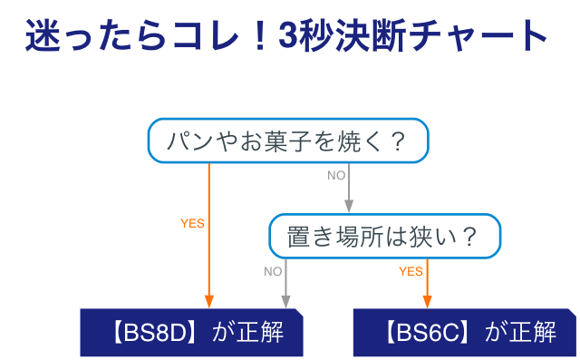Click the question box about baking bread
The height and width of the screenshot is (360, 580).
pyautogui.click(x=287, y=141)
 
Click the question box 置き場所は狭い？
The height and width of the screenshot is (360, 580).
pyautogui.click(x=384, y=237)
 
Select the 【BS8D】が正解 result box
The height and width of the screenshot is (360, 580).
pyautogui.click(x=191, y=332)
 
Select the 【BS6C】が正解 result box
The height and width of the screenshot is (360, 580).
pyautogui.click(x=464, y=332)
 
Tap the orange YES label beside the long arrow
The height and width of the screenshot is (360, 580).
pyautogui.click(x=192, y=223)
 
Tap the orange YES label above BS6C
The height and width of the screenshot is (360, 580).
pyautogui.click(x=411, y=271)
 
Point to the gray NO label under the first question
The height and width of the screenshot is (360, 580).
pyautogui.click(x=336, y=175)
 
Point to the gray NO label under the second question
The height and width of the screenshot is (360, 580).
pyautogui.click(x=273, y=271)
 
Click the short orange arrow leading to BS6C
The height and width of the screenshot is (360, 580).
pyautogui.click(x=426, y=283)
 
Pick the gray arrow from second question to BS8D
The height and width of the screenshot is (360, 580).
pyautogui.click(x=286, y=283)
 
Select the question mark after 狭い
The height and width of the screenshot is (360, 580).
pyautogui.click(x=469, y=238)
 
